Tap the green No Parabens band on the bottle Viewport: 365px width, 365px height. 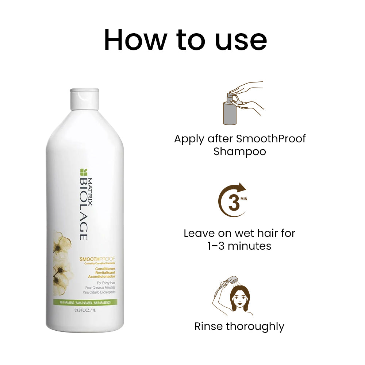coord(85,303)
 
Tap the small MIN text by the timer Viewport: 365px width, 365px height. coord(244,199)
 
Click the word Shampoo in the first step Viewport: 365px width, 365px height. coord(239,151)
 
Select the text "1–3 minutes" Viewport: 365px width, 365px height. coord(239,246)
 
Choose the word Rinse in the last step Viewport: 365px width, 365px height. coord(208,326)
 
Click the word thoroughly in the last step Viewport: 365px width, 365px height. coord(255,326)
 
